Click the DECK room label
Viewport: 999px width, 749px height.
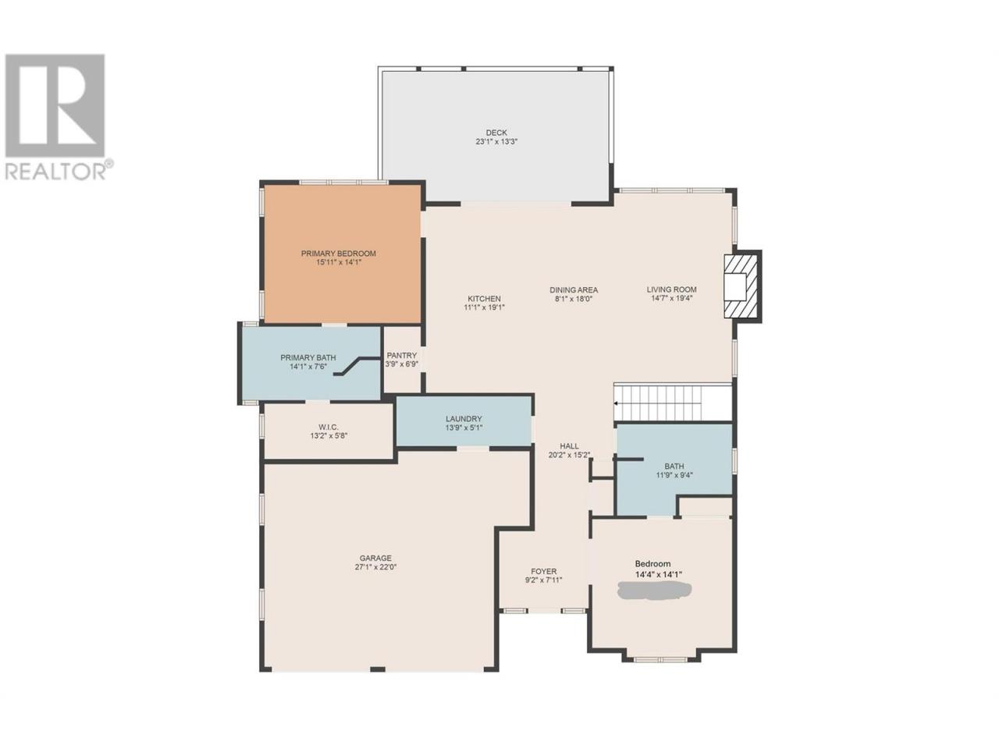coord(496,133)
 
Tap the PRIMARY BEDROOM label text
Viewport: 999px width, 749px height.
coord(338,254)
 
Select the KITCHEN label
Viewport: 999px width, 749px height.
coord(484,299)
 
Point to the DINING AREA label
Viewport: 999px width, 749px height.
coord(574,289)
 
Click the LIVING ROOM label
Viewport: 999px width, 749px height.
coord(672,289)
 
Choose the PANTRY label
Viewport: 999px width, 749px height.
coord(401,355)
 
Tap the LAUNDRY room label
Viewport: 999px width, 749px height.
coord(464,419)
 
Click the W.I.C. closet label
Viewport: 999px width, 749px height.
coord(329,427)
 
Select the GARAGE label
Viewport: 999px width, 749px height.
coord(375,558)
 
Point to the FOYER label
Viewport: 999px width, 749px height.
coord(543,571)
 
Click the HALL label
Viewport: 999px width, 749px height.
coord(570,446)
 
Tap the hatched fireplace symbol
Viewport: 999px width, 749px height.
coord(742,286)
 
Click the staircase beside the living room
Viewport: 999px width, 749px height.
coord(672,403)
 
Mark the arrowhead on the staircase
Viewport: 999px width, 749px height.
coord(616,403)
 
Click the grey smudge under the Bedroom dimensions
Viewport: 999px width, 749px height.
coord(654,591)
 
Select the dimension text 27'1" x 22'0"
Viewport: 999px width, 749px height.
coord(375,567)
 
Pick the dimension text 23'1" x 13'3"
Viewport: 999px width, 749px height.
coord(496,141)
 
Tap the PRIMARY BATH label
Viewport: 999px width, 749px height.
coord(308,358)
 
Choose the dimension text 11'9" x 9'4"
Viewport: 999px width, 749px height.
coord(674,475)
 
